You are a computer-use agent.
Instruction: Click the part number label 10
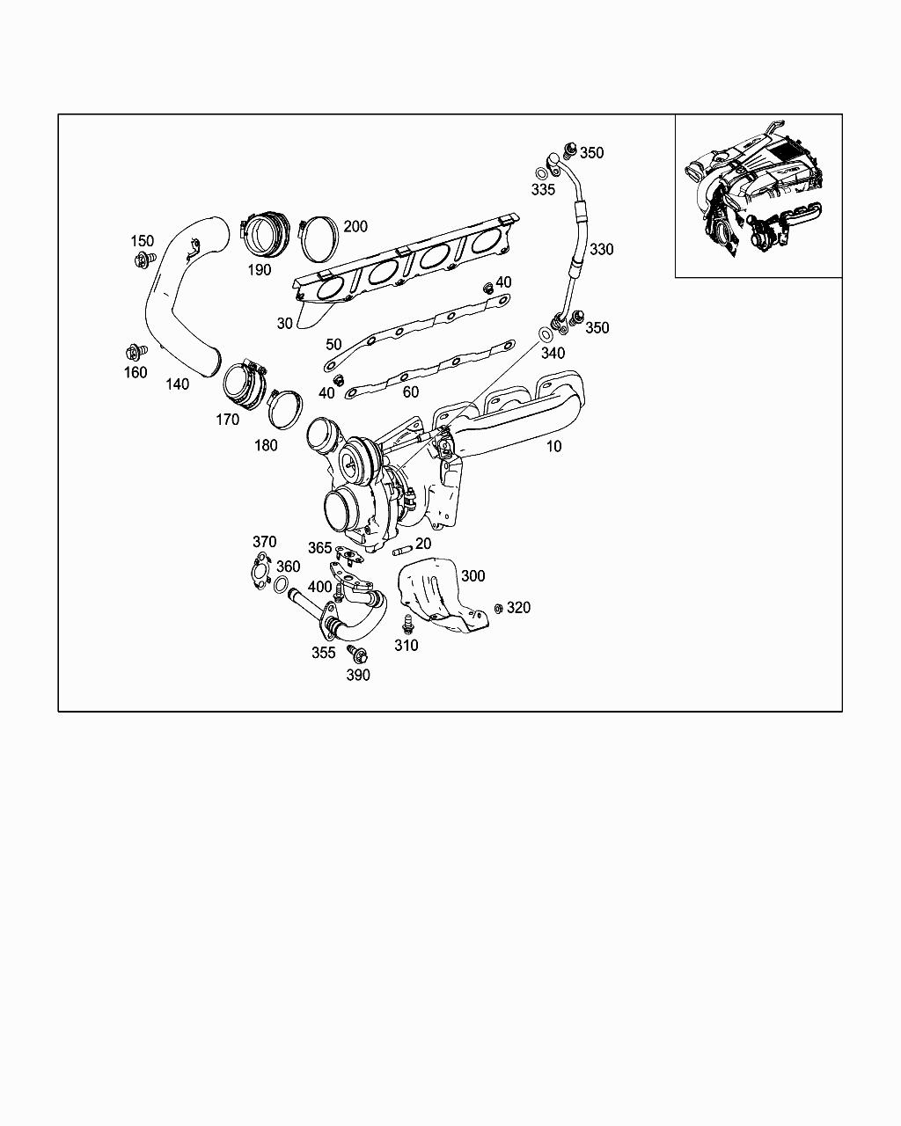pyautogui.click(x=553, y=446)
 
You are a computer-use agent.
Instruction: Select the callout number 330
pyautogui.click(x=602, y=250)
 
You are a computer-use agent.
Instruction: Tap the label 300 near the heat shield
pyautogui.click(x=472, y=576)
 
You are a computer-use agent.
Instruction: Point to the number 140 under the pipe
pyautogui.click(x=177, y=384)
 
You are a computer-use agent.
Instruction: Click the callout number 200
pyautogui.click(x=355, y=227)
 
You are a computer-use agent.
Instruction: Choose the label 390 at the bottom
pyautogui.click(x=358, y=676)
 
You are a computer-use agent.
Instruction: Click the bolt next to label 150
pyautogui.click(x=142, y=260)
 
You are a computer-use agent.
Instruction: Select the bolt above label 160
pyautogui.click(x=135, y=353)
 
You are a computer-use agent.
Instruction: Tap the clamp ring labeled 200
pyautogui.click(x=319, y=239)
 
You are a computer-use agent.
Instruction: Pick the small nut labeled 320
pyautogui.click(x=498, y=608)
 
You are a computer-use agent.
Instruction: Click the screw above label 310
pyautogui.click(x=407, y=625)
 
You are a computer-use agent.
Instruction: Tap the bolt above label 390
pyautogui.click(x=356, y=654)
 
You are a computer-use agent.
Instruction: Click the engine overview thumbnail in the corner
pyautogui.click(x=758, y=196)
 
